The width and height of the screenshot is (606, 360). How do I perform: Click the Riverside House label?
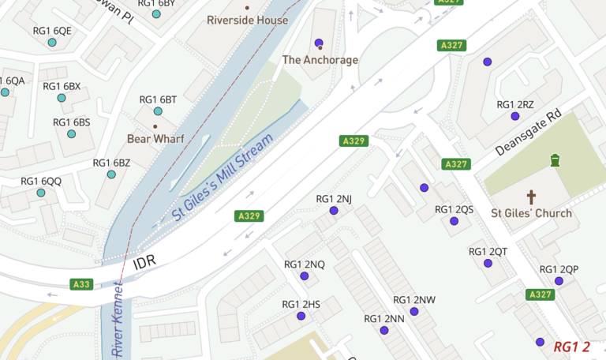point(247,20)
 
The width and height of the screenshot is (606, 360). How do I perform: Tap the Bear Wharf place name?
point(155,139)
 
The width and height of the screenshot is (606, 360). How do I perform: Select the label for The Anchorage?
point(320,60)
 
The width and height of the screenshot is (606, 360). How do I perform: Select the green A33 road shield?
point(81,284)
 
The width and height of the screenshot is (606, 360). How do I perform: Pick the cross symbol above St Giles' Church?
point(531,197)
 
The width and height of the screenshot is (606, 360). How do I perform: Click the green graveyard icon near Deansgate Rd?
point(555,160)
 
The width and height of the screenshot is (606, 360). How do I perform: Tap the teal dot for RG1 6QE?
point(52,43)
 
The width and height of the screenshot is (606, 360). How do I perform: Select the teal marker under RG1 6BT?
point(158,111)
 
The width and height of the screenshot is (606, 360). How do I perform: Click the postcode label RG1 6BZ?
point(111,163)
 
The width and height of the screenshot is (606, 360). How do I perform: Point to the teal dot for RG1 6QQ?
point(41,193)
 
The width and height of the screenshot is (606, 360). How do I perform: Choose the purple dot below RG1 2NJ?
point(334,211)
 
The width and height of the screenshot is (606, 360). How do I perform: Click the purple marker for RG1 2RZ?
point(515,116)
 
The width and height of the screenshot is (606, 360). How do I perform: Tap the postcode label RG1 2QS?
point(454,209)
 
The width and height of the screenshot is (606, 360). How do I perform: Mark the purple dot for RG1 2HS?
point(301,316)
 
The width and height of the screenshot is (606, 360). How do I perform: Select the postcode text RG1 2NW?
point(413,300)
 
